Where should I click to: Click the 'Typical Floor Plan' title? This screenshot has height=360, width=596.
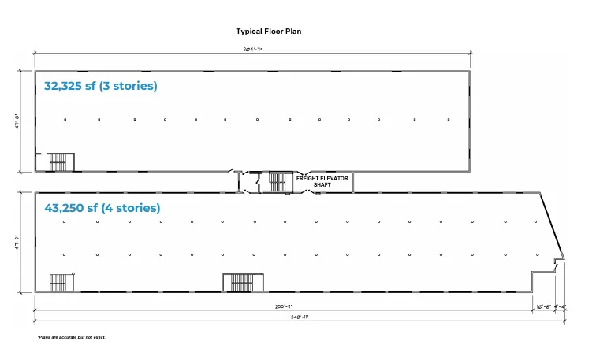(x=269, y=32)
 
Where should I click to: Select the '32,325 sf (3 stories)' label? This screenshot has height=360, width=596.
(x=100, y=86)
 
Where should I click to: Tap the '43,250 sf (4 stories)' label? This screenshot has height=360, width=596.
(x=102, y=208)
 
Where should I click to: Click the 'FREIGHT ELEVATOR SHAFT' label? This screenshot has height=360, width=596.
(x=322, y=181)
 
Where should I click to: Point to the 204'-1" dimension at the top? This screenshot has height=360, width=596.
(x=252, y=49)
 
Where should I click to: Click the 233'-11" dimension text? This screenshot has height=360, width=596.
(x=284, y=306)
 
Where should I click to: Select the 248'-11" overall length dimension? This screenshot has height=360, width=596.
(x=298, y=317)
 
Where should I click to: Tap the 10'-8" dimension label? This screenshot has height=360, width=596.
(x=543, y=306)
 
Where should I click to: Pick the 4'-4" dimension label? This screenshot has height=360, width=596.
(x=560, y=306)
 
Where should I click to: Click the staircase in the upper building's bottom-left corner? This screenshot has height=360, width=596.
(x=60, y=161)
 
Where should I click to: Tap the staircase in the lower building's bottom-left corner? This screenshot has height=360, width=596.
(x=60, y=282)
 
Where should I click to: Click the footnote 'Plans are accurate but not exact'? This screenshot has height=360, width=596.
(x=71, y=337)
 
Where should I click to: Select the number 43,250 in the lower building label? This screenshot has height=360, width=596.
(x=65, y=208)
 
